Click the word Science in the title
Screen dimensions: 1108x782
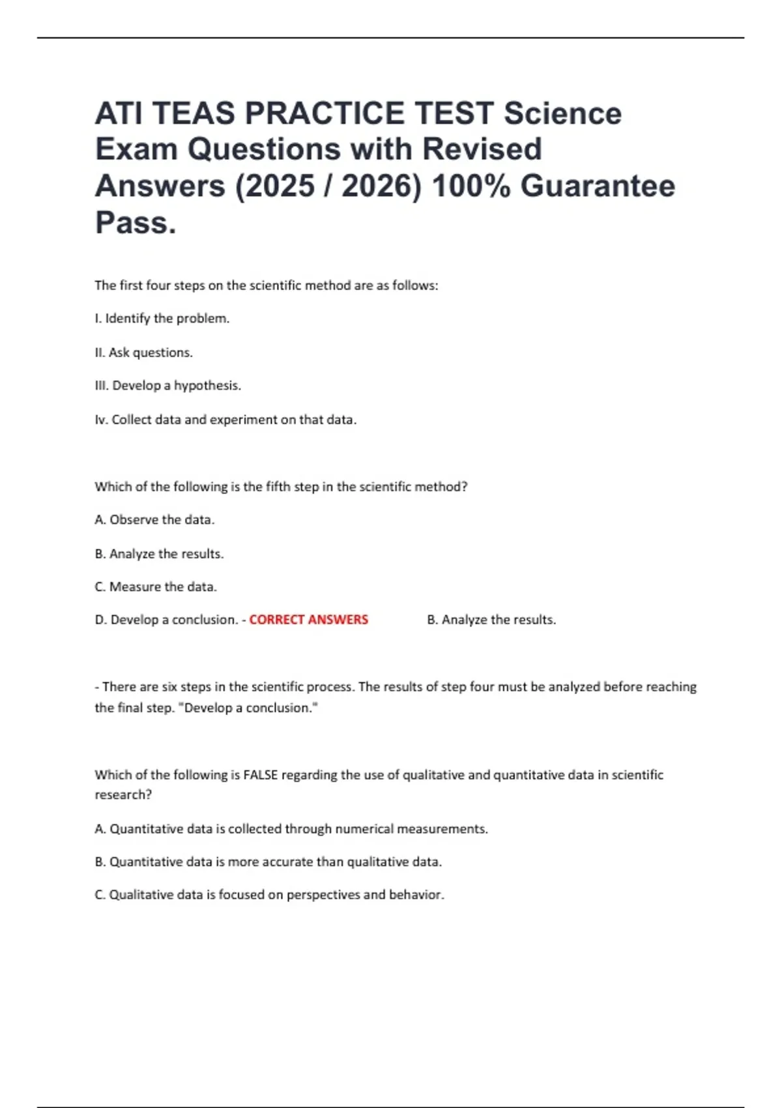[562, 113]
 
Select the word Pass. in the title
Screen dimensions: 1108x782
[136, 222]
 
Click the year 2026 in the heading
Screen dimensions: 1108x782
[381, 186]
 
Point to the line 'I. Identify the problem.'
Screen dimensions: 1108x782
[162, 319]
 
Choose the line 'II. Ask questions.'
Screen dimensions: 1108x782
[143, 353]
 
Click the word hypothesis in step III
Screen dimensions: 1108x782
[207, 386]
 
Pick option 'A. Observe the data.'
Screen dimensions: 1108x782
[154, 520]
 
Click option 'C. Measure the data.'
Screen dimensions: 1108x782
[156, 587]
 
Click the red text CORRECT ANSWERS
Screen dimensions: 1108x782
[308, 620]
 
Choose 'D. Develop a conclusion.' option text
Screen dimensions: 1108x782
[166, 620]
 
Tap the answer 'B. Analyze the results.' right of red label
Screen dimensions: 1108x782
[491, 620]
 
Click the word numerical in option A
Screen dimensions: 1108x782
[364, 829]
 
